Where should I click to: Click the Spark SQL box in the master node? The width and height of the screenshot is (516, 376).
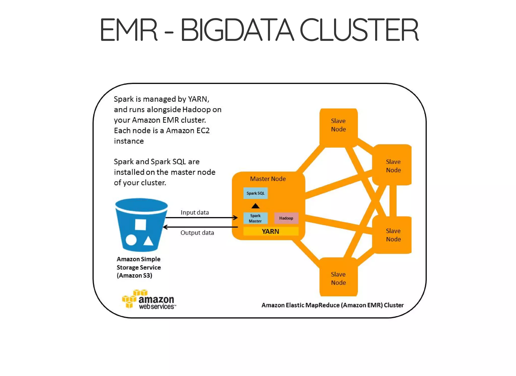(255, 193)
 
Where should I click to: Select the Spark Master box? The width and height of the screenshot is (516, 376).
(255, 218)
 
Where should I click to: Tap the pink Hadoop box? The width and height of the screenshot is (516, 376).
(286, 218)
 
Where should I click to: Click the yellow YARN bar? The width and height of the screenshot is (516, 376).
(271, 231)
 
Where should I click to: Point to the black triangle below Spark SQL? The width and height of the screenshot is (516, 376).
(255, 206)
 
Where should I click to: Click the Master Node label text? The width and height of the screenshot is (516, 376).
(268, 179)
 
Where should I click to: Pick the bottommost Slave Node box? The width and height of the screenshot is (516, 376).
(338, 278)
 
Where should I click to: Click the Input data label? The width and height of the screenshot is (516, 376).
(195, 212)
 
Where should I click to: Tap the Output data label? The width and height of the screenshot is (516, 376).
(197, 233)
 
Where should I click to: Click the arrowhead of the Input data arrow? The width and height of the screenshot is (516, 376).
(236, 218)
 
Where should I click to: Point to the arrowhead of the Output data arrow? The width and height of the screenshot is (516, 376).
(165, 227)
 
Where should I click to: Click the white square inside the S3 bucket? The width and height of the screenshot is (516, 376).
(141, 224)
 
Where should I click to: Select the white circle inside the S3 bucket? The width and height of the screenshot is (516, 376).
(131, 240)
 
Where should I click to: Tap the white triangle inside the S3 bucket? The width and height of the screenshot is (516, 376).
(148, 241)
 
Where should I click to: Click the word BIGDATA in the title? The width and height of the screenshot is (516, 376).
(237, 30)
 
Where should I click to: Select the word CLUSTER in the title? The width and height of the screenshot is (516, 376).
(359, 30)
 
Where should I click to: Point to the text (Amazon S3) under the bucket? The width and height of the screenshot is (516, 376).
(134, 276)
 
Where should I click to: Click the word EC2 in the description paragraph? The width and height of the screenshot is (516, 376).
(203, 130)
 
